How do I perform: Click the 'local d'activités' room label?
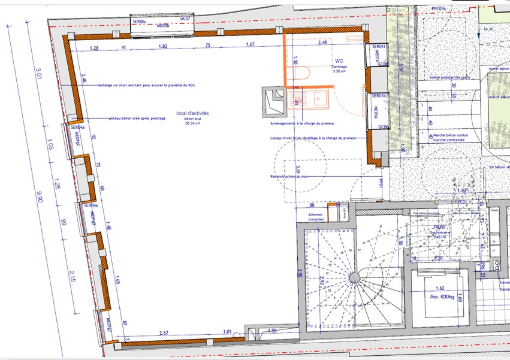[192, 113]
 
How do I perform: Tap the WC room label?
[339, 61]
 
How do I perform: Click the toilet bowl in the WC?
[303, 75]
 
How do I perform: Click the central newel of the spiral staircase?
[357, 277]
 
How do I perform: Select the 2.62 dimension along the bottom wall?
[164, 332]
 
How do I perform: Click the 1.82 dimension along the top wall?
[163, 46]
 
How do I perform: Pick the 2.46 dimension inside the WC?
[322, 43]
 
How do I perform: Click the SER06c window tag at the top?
[139, 22]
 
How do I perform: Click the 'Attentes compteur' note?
[315, 217]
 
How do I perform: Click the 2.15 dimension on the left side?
[71, 276]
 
